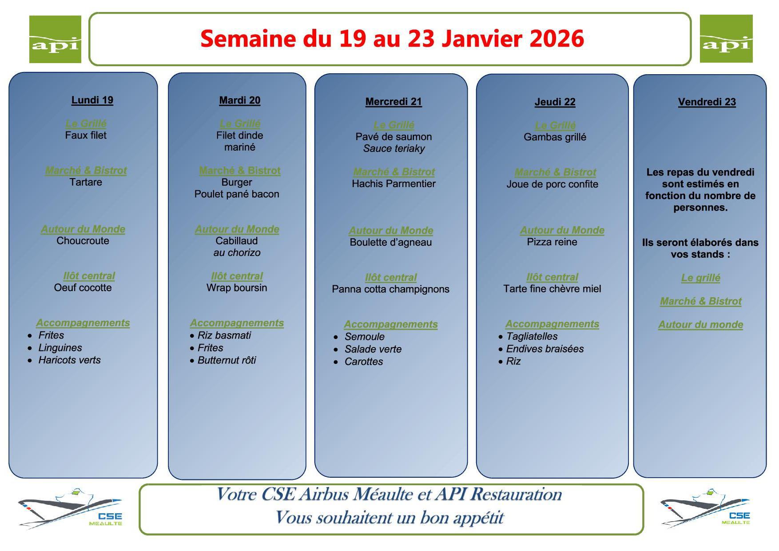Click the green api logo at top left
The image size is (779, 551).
click(55, 39)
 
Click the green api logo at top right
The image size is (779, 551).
click(726, 39)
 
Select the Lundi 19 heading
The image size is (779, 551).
click(92, 100)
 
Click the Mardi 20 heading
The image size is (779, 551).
click(240, 100)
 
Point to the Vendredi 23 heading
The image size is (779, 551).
click(707, 102)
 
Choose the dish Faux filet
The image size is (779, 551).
click(86, 135)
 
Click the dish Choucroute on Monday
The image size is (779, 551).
click(83, 241)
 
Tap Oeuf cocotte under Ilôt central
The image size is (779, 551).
click(83, 287)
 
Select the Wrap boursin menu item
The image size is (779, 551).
click(237, 287)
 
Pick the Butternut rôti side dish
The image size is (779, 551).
click(227, 360)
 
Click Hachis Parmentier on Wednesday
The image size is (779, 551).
click(393, 184)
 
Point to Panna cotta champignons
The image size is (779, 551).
click(390, 289)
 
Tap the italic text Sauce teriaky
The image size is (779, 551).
click(394, 148)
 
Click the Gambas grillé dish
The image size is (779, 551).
click(555, 137)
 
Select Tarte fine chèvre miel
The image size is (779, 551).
click(552, 289)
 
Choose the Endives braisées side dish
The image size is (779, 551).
click(545, 349)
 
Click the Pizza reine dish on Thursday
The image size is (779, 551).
click(552, 242)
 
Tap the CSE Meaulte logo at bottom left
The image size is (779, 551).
click(70, 509)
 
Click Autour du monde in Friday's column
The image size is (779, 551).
click(700, 325)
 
